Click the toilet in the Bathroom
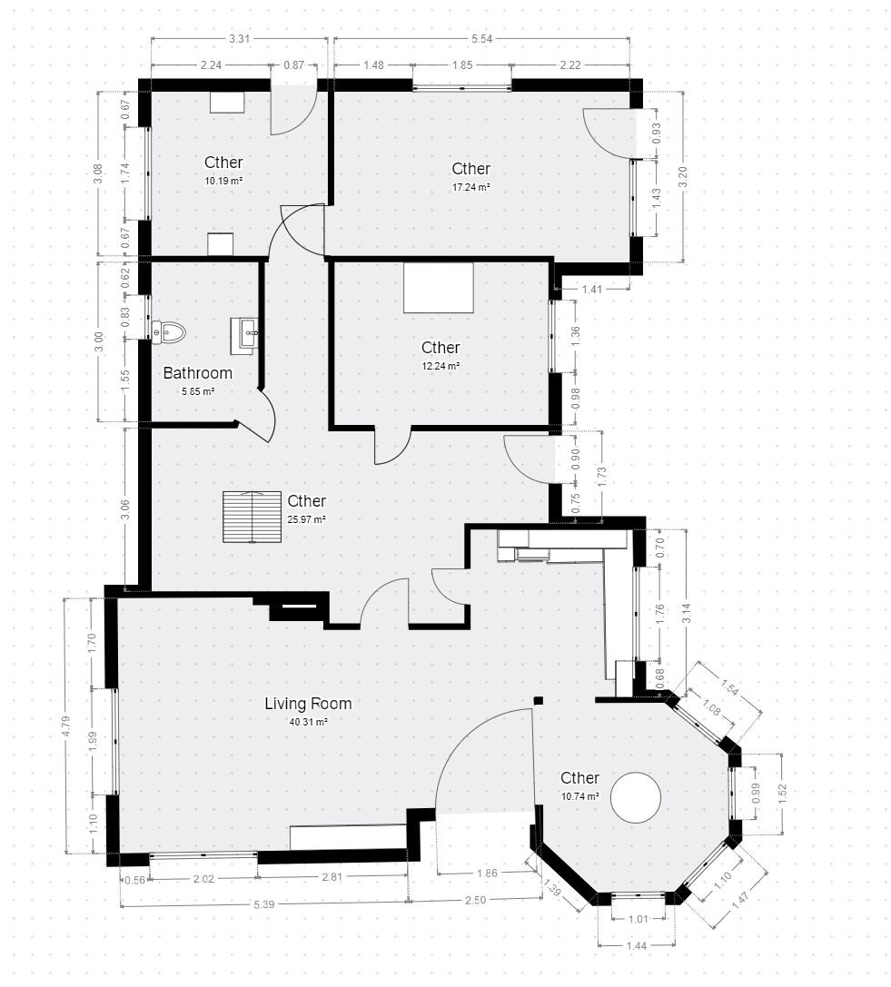(x=169, y=332)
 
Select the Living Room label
(x=308, y=704)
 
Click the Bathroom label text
(x=198, y=372)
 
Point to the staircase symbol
(x=252, y=517)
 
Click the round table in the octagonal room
(x=636, y=797)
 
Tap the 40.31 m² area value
(x=308, y=722)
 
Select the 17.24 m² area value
(x=471, y=187)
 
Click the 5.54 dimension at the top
(x=481, y=39)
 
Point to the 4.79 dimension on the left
(x=66, y=726)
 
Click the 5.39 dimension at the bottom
(x=263, y=904)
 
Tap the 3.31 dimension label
(x=239, y=39)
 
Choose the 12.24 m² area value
(x=441, y=366)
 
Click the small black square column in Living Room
(x=539, y=700)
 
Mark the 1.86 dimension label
(x=488, y=873)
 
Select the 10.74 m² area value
(x=580, y=796)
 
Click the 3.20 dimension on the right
(x=683, y=177)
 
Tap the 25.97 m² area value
(x=306, y=519)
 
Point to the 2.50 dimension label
(x=475, y=900)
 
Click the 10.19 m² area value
(x=223, y=181)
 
